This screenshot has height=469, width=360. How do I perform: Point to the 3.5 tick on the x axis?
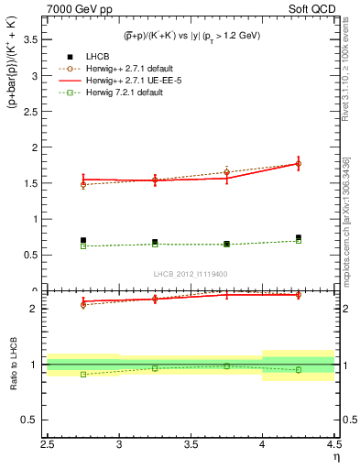(191, 446)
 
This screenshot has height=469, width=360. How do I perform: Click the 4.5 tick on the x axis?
(333, 446)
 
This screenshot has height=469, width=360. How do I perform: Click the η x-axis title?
(335, 458)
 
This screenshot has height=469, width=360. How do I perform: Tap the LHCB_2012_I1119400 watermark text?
(191, 274)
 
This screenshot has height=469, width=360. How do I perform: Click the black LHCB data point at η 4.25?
(298, 237)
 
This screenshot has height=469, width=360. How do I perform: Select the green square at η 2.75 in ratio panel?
(83, 374)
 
